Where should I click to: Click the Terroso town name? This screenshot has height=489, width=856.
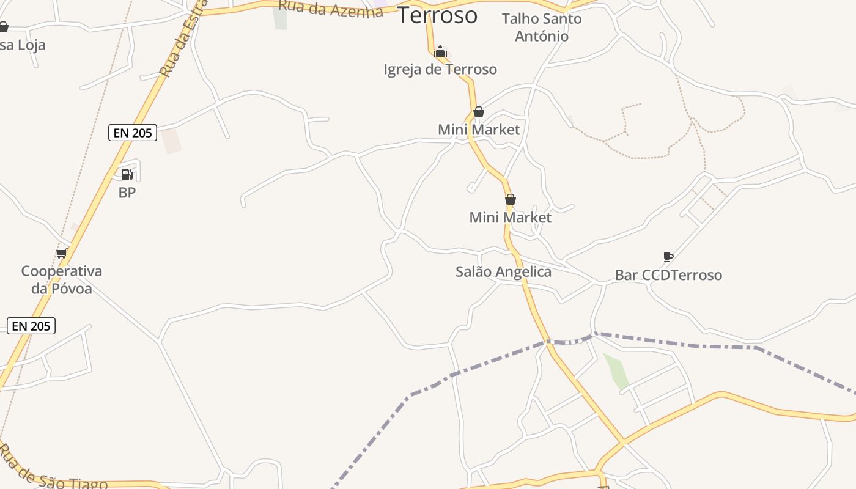click(437, 15)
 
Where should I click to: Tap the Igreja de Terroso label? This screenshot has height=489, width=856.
click(440, 69)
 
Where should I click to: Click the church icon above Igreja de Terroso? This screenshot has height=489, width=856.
click(440, 51)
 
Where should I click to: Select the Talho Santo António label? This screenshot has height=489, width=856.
click(542, 27)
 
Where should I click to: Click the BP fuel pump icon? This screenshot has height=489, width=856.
click(127, 175)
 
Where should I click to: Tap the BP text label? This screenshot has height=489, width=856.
click(127, 193)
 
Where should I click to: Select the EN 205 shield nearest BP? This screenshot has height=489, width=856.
click(133, 133)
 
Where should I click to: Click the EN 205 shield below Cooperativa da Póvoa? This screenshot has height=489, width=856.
click(31, 326)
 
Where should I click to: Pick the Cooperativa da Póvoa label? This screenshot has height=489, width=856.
click(61, 279)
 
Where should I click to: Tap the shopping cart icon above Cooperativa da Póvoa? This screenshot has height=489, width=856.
click(61, 253)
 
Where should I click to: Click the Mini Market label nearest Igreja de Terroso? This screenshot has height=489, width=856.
click(479, 130)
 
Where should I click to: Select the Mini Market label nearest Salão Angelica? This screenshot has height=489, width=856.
click(511, 218)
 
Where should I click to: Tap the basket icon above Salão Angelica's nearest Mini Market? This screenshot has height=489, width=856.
click(511, 199)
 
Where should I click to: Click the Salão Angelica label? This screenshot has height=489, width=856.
click(503, 272)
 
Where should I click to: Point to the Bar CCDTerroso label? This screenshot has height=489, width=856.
click(668, 275)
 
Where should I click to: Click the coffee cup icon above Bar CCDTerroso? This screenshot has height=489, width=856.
click(668, 257)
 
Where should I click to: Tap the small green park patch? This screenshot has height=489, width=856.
click(616, 370)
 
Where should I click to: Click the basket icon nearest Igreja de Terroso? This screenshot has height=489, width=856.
click(479, 112)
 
